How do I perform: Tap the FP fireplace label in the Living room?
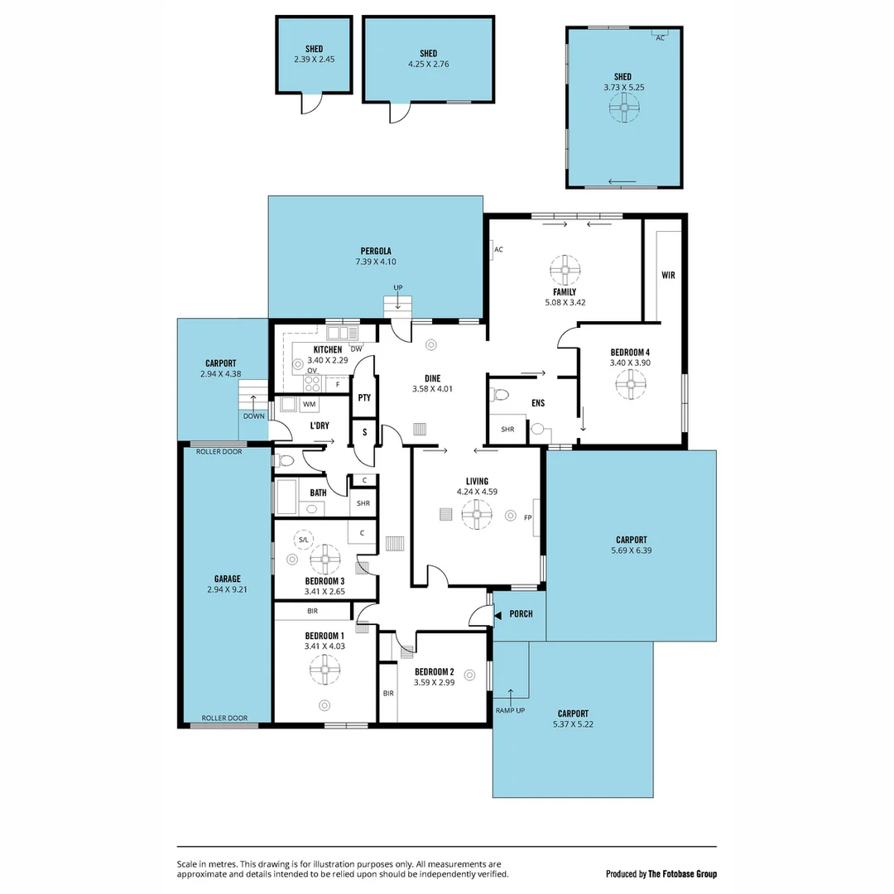tap(527, 517)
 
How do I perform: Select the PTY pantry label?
tap(364, 398)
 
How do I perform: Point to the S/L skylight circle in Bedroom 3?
tap(303, 540)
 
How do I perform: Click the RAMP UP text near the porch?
tap(510, 710)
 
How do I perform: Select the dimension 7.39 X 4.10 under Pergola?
tap(375, 262)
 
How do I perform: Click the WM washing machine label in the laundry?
tap(309, 405)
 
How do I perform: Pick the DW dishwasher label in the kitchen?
tap(356, 348)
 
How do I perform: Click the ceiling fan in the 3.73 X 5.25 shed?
tap(624, 106)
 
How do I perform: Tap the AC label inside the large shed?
tap(660, 38)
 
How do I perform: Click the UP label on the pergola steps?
tap(398, 287)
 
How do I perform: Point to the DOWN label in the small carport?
tap(254, 416)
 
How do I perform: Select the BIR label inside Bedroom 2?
tap(388, 694)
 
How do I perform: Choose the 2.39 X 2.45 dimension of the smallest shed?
tap(314, 60)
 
